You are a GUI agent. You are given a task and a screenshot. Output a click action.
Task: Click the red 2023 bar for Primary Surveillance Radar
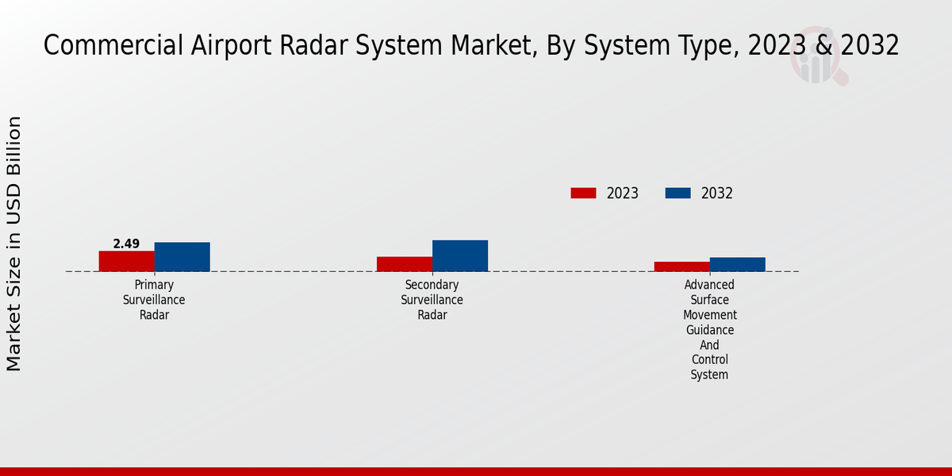click(127, 261)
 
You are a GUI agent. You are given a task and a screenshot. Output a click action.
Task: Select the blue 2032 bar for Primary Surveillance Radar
click(182, 257)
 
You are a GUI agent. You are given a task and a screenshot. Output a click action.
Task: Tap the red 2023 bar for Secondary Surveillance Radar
click(405, 264)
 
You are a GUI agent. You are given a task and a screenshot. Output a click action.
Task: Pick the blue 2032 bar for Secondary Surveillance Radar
click(460, 255)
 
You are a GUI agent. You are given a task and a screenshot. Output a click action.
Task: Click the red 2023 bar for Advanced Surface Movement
click(682, 267)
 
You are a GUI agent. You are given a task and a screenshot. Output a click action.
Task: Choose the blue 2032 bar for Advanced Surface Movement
click(738, 264)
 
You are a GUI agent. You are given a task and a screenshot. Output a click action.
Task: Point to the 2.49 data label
click(126, 244)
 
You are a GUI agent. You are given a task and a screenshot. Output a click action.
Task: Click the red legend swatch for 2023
click(584, 194)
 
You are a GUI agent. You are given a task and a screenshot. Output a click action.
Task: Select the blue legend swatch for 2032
click(678, 194)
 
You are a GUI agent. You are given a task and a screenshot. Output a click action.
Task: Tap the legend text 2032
click(717, 194)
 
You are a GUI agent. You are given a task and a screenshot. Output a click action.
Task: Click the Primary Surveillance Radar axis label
click(154, 300)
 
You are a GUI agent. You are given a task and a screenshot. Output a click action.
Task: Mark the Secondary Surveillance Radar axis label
click(432, 300)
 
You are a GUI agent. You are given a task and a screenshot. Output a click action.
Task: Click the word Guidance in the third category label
click(710, 330)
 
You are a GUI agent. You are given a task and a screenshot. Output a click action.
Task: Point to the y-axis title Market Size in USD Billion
click(13, 244)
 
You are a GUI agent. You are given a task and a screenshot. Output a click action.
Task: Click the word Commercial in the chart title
click(113, 45)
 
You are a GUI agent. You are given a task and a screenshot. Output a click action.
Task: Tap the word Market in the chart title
click(493, 46)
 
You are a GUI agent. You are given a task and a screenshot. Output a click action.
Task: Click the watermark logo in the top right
click(819, 56)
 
